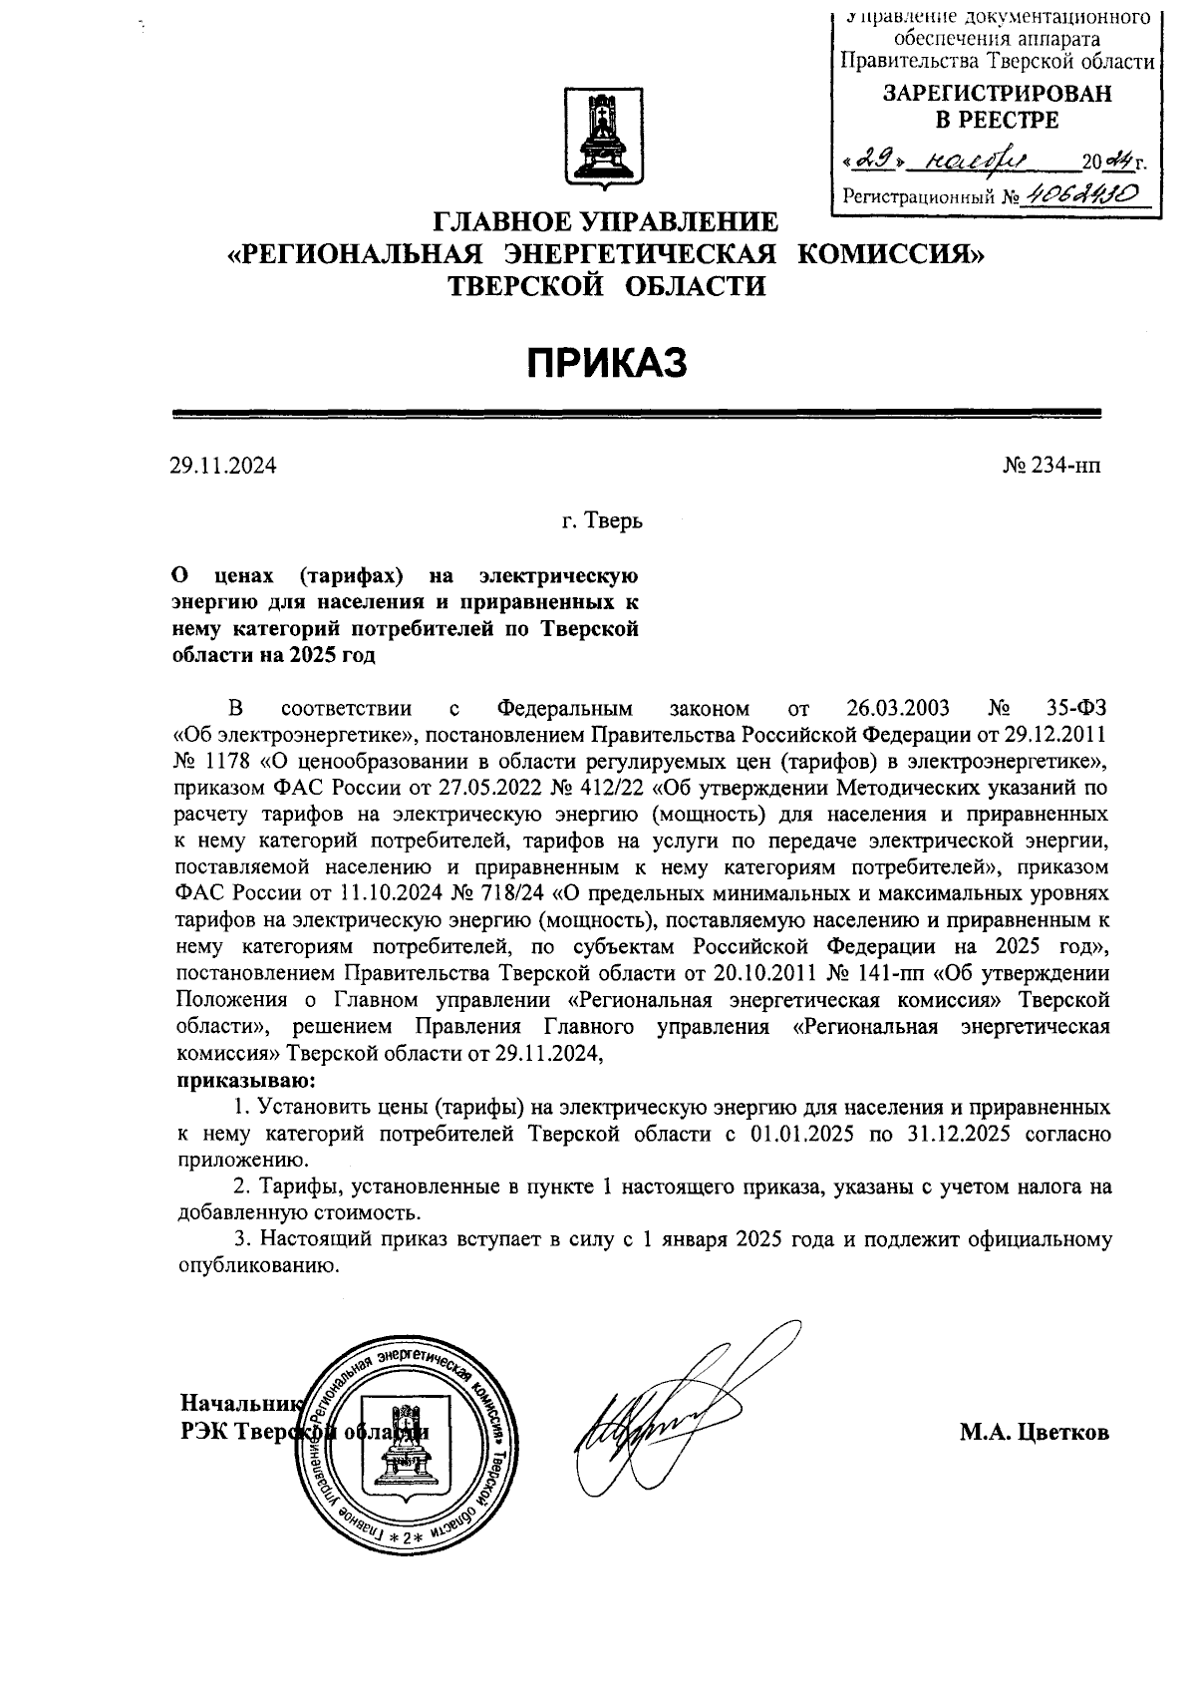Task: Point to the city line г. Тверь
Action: [601, 521]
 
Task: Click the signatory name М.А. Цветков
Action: [1035, 1433]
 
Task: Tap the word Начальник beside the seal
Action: [239, 1404]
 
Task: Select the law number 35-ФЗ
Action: [1077, 709]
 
